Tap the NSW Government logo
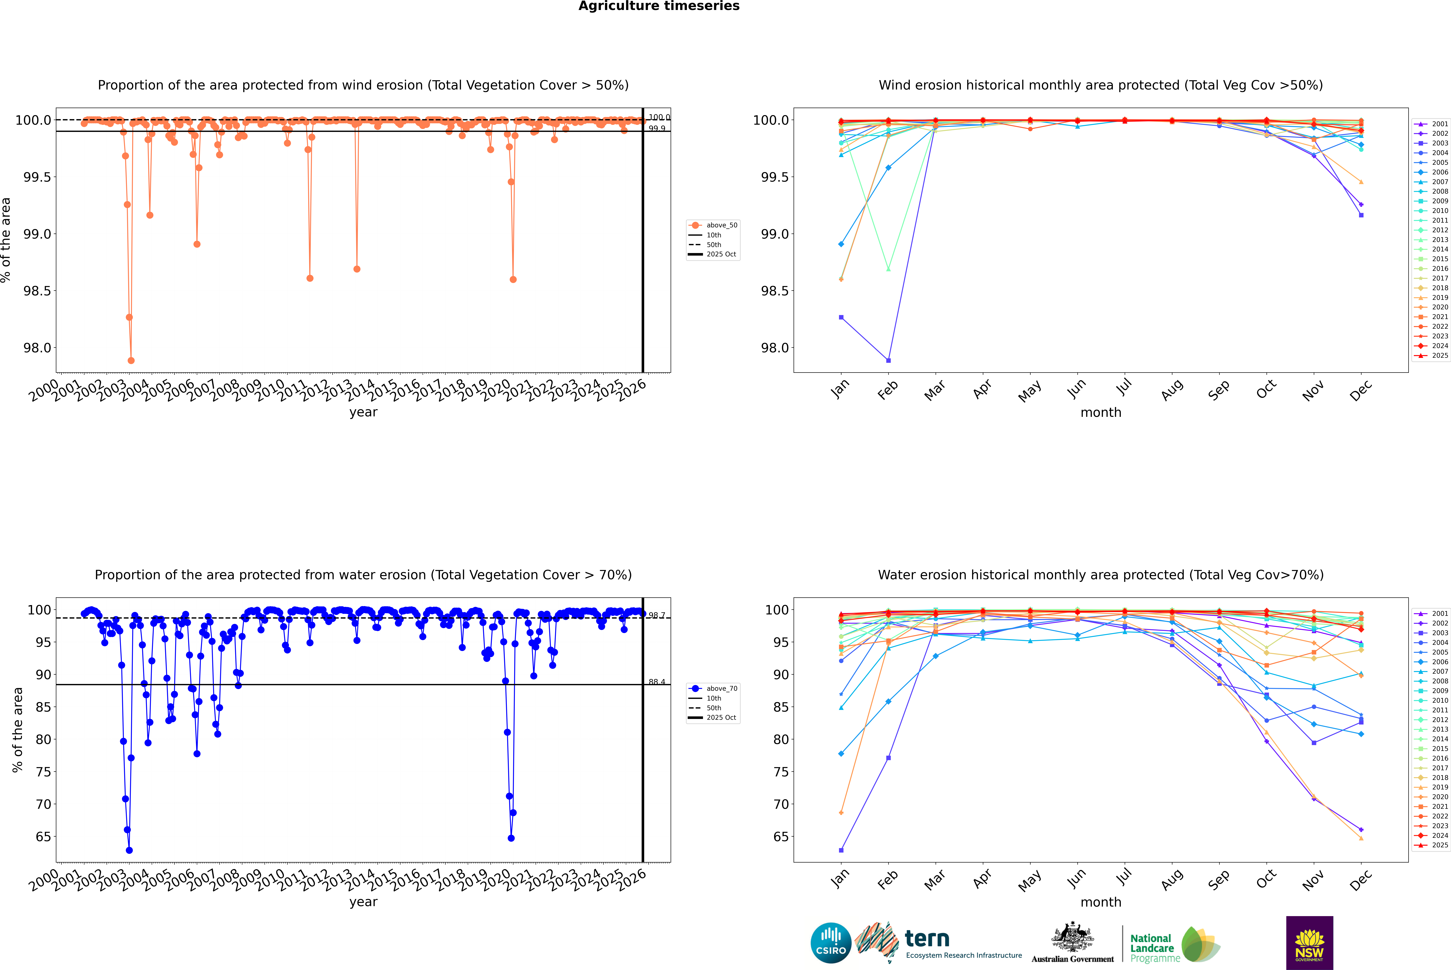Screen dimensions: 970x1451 [1309, 942]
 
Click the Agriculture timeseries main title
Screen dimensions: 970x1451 [659, 6]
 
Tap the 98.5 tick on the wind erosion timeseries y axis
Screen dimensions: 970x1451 [37, 291]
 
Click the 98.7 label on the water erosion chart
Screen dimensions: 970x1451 [657, 616]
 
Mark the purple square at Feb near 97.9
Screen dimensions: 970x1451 [888, 361]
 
